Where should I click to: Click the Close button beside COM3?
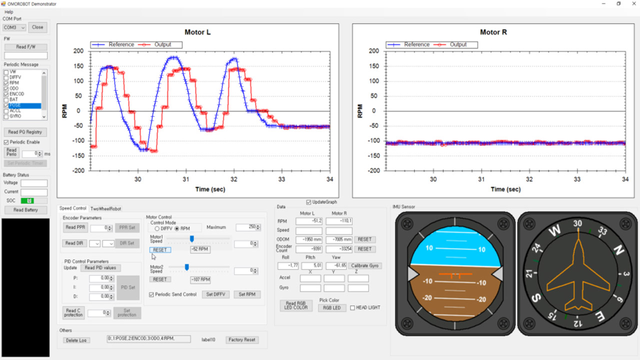[37, 27]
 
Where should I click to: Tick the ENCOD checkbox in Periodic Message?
[6, 94]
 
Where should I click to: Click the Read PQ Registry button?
[25, 132]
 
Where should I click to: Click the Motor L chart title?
[197, 32]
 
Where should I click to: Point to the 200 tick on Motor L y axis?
[77, 51]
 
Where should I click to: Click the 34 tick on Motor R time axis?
[625, 179]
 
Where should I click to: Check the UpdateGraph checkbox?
[309, 202]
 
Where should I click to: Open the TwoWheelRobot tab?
[105, 208]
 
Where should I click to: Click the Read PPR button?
[75, 227]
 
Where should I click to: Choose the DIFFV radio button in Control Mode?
[157, 228]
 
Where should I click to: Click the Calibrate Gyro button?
[365, 265]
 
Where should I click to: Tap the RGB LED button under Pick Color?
[332, 307]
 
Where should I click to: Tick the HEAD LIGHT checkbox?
[352, 307]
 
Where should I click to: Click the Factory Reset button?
[242, 340]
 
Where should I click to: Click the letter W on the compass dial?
[553, 231]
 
